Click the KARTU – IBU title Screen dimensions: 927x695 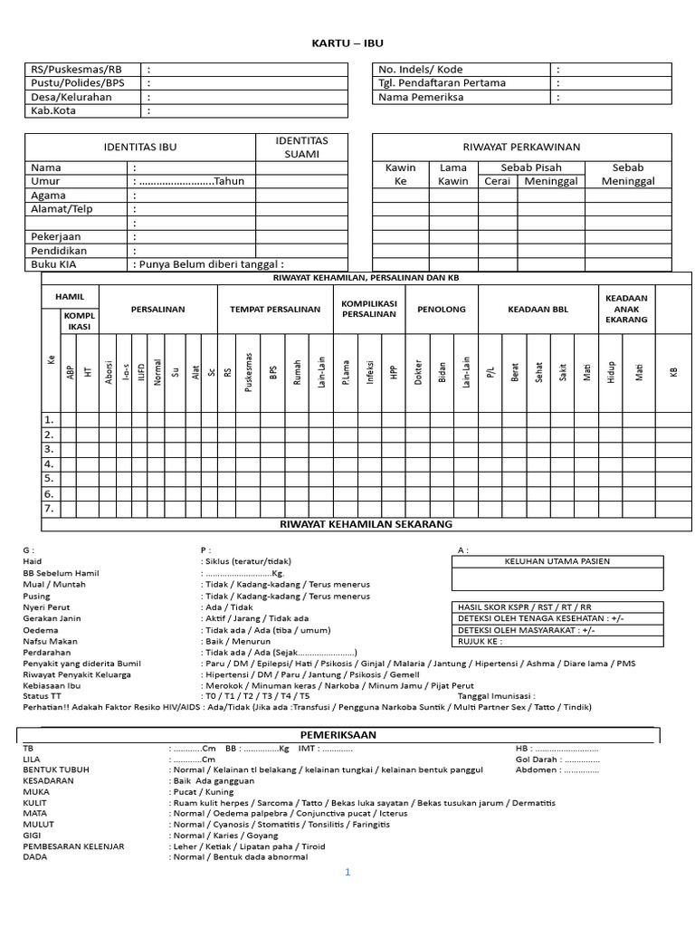click(347, 43)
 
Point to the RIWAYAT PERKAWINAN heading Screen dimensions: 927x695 click(521, 147)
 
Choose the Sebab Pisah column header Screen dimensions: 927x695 click(531, 167)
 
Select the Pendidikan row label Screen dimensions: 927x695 click(61, 251)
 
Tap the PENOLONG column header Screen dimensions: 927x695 click(441, 310)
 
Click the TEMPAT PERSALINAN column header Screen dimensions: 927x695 click(275, 310)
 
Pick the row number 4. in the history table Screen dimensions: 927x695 click(49, 463)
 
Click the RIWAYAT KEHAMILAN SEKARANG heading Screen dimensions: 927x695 click(367, 524)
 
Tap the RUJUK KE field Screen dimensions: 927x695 click(481, 642)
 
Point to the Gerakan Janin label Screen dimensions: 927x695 click(52, 619)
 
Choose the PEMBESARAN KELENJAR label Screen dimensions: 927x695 click(73, 846)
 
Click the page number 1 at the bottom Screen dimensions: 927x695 click(347, 873)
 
